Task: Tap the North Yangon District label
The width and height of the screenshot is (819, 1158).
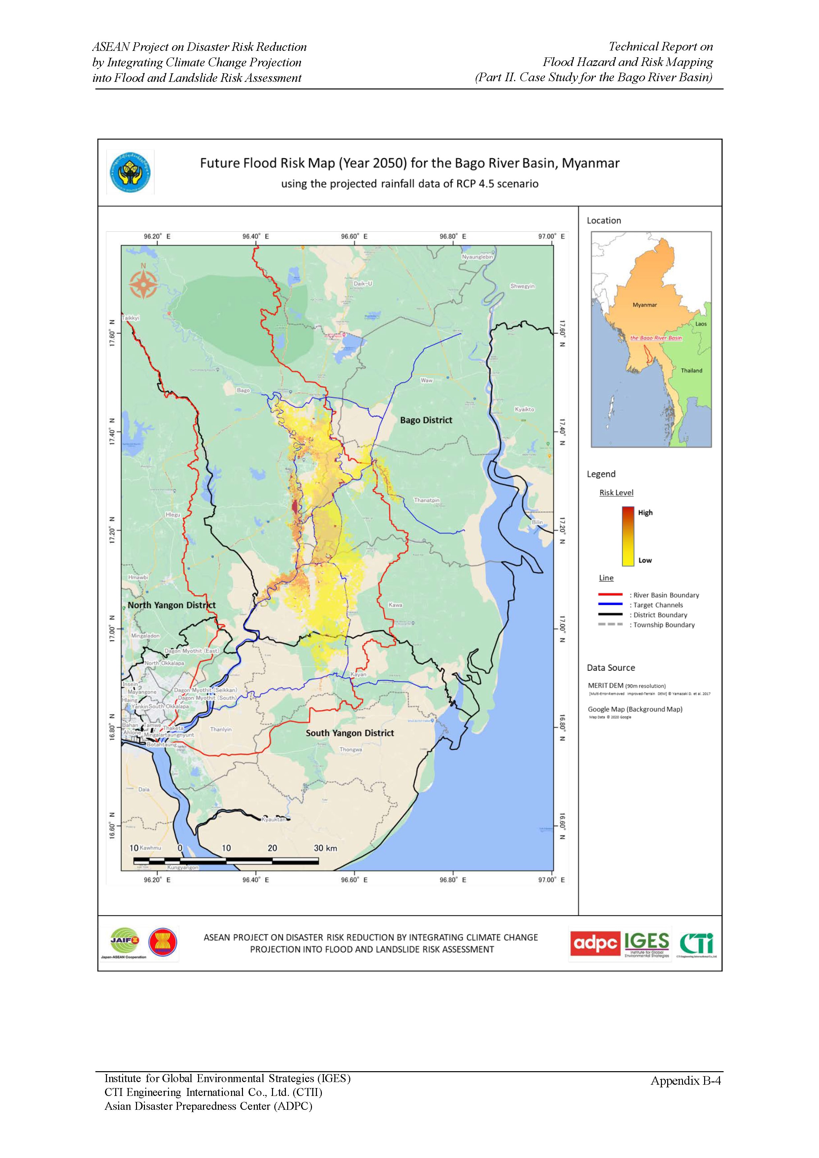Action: pos(171,605)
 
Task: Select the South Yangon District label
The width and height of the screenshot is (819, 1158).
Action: pos(350,733)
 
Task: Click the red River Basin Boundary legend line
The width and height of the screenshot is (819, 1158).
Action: pos(610,595)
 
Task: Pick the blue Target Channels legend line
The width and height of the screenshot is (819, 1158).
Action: pos(610,605)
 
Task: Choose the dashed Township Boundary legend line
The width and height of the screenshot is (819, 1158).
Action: pos(610,625)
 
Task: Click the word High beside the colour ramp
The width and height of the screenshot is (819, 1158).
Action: pos(645,512)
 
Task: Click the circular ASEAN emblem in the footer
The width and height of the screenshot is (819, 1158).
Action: pos(162,942)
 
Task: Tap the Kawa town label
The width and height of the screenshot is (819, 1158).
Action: pos(395,605)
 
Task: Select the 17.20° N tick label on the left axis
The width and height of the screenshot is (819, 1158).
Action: pos(112,529)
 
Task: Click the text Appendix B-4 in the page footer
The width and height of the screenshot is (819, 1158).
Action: pos(685,1080)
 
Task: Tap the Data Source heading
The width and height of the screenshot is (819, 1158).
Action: pos(611,668)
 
